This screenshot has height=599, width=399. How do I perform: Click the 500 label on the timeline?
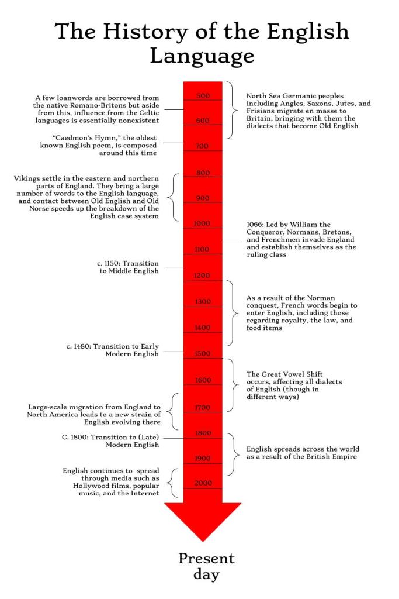coord(203,95)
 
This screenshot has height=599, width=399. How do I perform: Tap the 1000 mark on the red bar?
coord(203,223)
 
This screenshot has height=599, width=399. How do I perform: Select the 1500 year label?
coord(203,353)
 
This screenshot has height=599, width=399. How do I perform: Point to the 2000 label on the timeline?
coord(203,483)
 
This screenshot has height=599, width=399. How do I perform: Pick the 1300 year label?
coord(203,301)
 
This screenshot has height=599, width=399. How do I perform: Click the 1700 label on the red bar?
coord(203,407)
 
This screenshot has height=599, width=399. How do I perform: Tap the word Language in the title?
coord(202,56)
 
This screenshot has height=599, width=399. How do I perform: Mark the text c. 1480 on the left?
coord(79,346)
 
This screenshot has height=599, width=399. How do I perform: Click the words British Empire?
coord(325,457)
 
